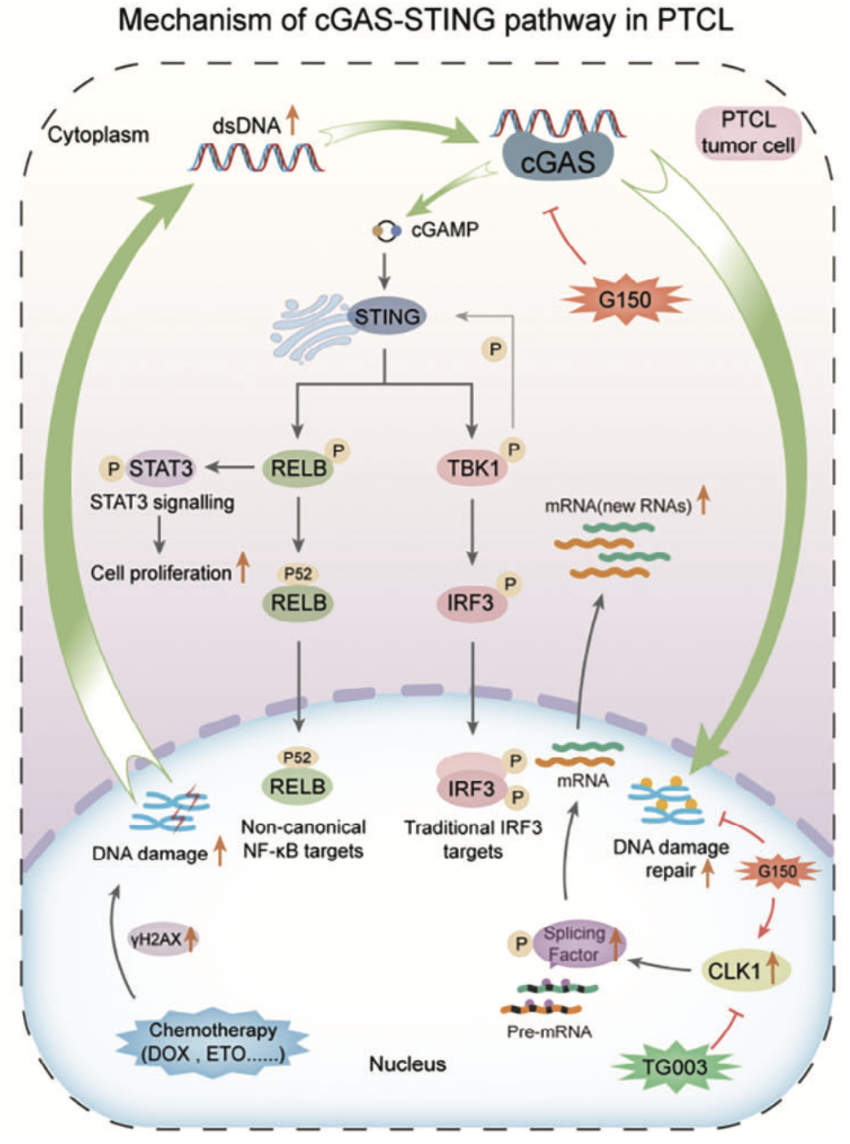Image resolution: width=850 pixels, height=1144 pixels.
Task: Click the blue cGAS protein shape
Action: pyautogui.click(x=559, y=160)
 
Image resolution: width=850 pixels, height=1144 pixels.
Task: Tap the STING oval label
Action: pyautogui.click(x=387, y=317)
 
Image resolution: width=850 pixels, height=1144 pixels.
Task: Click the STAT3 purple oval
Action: pyautogui.click(x=161, y=468)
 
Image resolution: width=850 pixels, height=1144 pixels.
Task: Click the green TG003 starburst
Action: pyautogui.click(x=675, y=1066)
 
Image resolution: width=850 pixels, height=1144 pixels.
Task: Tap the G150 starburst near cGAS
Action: pyautogui.click(x=625, y=300)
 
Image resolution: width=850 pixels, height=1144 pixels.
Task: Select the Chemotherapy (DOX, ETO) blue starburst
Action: pyautogui.click(x=213, y=1042)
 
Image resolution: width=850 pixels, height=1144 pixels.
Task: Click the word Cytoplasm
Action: pyautogui.click(x=99, y=135)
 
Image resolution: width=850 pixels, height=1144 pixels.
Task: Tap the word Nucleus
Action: pyautogui.click(x=407, y=1064)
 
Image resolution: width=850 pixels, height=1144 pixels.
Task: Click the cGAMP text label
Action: pyautogui.click(x=445, y=230)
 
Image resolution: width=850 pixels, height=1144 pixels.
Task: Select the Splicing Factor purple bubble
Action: pyautogui.click(x=574, y=944)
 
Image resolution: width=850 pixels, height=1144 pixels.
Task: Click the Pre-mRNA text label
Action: pyautogui.click(x=549, y=1031)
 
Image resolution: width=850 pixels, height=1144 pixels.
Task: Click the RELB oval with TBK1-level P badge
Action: pyautogui.click(x=299, y=468)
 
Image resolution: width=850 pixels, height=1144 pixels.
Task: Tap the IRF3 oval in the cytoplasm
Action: pyautogui.click(x=471, y=603)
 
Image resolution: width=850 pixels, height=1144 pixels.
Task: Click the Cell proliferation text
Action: pyautogui.click(x=161, y=573)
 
